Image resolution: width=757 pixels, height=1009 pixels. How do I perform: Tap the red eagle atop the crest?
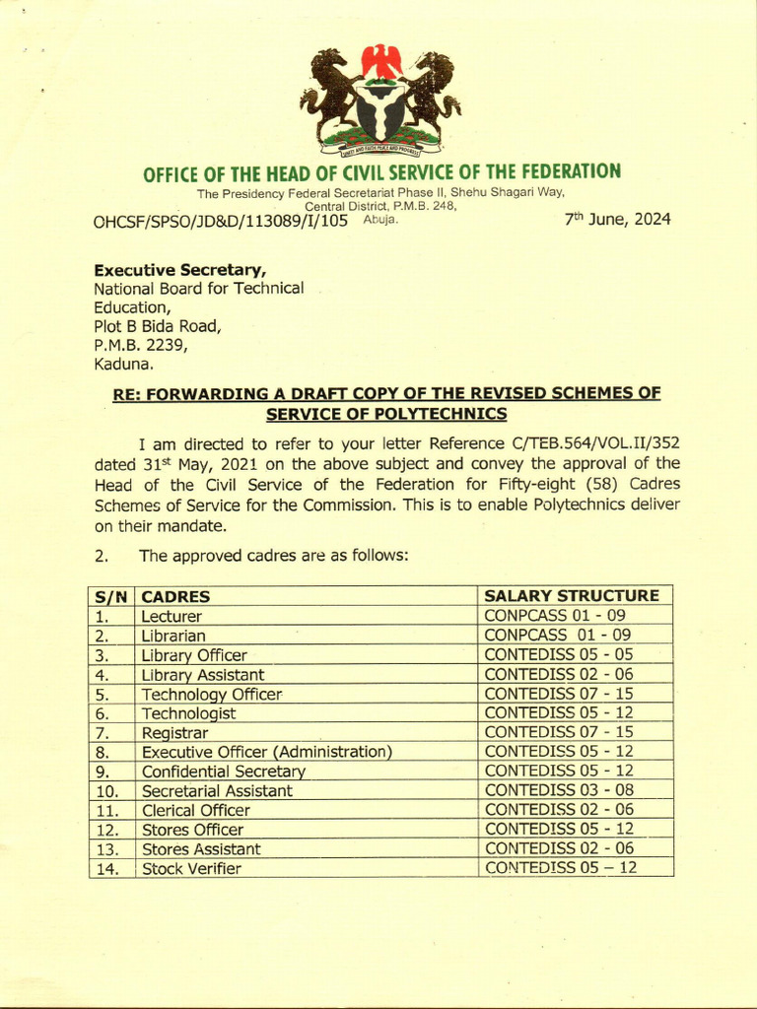tap(381, 61)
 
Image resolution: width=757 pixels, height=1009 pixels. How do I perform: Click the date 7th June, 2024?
tap(617, 220)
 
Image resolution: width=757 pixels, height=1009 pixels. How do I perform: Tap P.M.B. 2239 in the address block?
tap(139, 345)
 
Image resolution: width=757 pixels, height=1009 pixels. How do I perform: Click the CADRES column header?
tap(175, 596)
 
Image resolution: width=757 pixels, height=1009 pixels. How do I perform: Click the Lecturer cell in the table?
tap(172, 616)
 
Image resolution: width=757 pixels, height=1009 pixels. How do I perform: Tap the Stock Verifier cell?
tap(191, 868)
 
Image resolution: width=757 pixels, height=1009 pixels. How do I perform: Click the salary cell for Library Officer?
tap(559, 654)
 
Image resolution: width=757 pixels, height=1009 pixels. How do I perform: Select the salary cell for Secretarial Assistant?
tap(559, 790)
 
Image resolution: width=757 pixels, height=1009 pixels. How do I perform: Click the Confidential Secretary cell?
tap(224, 772)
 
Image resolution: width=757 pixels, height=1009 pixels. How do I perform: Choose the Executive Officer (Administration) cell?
tap(267, 752)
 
